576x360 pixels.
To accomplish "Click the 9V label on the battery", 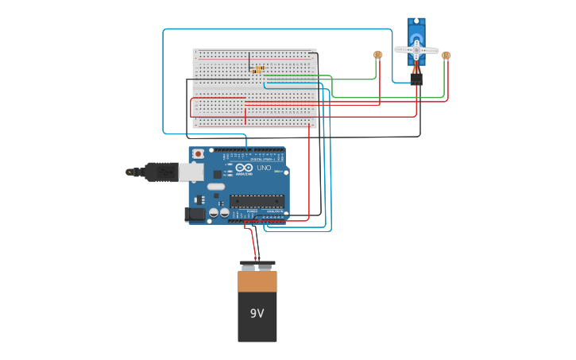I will (x=257, y=313).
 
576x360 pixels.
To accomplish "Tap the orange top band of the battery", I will (x=257, y=280).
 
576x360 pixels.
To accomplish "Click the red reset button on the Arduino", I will (x=198, y=153).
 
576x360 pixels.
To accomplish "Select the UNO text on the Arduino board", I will (x=264, y=168).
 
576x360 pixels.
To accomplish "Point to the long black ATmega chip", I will (x=257, y=200).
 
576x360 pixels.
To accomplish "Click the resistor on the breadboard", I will (x=258, y=70).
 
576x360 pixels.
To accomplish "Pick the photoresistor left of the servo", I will (x=377, y=55).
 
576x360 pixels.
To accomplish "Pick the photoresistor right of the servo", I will (x=446, y=56).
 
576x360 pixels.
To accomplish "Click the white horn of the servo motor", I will (x=416, y=50).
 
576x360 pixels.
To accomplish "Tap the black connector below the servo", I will (x=416, y=79).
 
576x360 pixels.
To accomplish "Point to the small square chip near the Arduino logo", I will (x=218, y=173).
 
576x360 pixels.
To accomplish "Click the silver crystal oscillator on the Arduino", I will (x=216, y=188).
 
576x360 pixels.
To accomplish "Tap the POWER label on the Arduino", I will (x=252, y=211).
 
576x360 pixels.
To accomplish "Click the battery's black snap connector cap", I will (x=257, y=265).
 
